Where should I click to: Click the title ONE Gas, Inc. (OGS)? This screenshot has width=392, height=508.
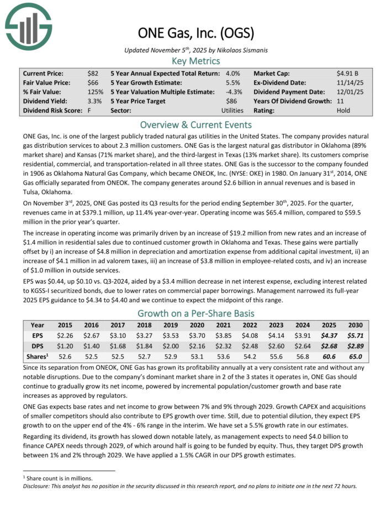click(195, 34)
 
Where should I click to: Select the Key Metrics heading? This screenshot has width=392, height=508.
click(195, 61)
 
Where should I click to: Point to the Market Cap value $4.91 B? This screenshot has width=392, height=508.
click(348, 73)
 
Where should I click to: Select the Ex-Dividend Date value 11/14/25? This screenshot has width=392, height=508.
click(349, 82)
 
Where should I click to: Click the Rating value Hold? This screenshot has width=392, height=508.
click(343, 111)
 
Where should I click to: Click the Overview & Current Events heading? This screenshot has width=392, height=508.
click(195, 124)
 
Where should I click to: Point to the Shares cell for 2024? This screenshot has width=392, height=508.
click(307, 355)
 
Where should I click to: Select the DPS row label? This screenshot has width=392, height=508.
click(38, 345)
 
